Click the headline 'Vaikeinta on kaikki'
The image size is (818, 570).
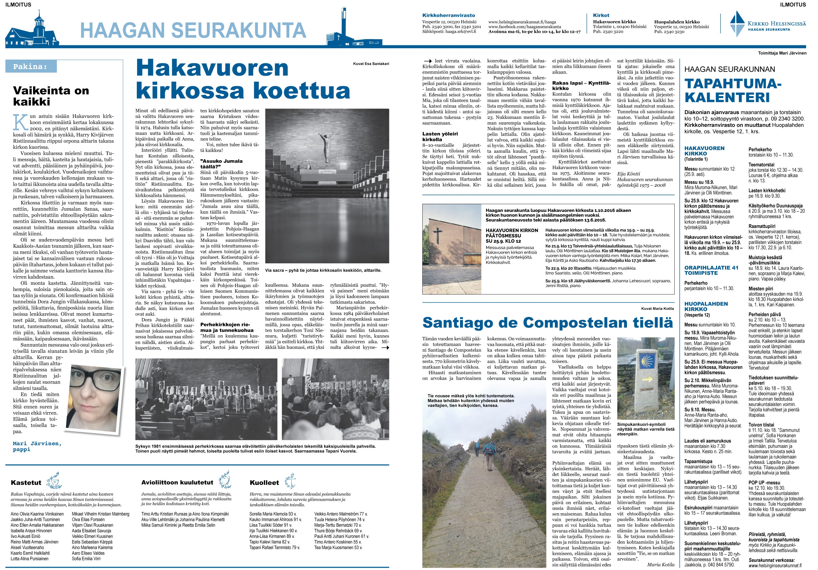(51, 96)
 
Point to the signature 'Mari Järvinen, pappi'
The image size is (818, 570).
(37, 446)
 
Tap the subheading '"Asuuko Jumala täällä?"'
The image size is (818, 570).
(221, 164)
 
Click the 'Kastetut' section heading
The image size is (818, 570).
(26, 483)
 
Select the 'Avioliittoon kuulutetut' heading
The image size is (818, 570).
(177, 482)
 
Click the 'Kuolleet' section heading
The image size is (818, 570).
(264, 483)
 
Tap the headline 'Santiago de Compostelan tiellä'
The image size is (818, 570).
(548, 322)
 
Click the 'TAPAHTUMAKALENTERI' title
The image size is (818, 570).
(732, 91)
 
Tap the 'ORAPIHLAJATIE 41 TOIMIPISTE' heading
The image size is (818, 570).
(711, 270)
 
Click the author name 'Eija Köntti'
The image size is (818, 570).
(628, 174)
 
